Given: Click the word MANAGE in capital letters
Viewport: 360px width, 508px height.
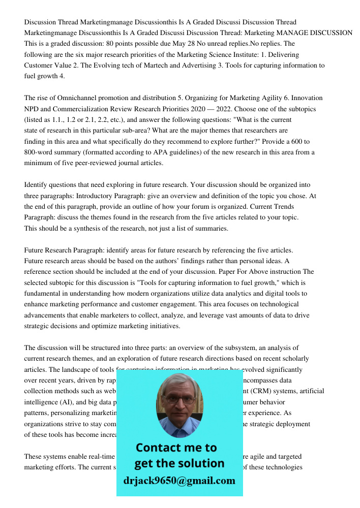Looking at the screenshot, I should (284, 33).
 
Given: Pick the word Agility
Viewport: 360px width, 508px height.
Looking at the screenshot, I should (288, 98).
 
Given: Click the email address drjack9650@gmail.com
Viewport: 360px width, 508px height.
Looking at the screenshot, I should (179, 481).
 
